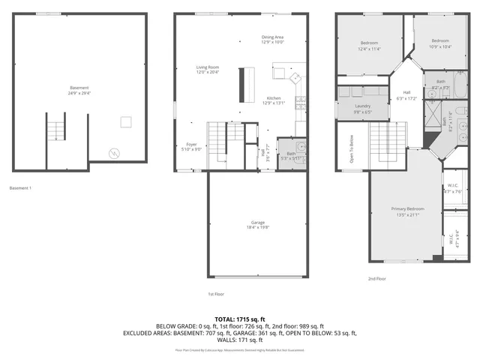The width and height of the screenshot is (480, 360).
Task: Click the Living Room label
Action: (x=207, y=67)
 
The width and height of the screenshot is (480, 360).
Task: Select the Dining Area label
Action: (x=272, y=37)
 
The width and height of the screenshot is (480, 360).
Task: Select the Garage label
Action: (x=258, y=223)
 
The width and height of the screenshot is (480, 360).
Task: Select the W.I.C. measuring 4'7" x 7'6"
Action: (x=452, y=187)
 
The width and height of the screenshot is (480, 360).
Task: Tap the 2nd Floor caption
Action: (x=377, y=278)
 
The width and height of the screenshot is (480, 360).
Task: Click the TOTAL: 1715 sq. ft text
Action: (x=239, y=319)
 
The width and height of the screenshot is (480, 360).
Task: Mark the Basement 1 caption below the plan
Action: (x=20, y=187)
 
